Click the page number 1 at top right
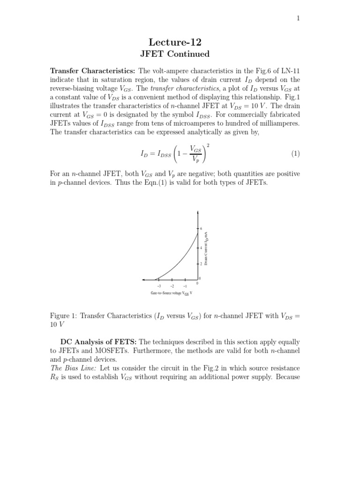coord(298,18)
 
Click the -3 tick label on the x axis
coord(159,286)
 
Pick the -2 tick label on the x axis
coord(172,286)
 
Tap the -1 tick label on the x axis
coord(185,286)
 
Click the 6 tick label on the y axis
coord(202,228)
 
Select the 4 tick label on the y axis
coord(202,247)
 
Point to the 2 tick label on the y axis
coord(202,264)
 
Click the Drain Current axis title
coord(206,248)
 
